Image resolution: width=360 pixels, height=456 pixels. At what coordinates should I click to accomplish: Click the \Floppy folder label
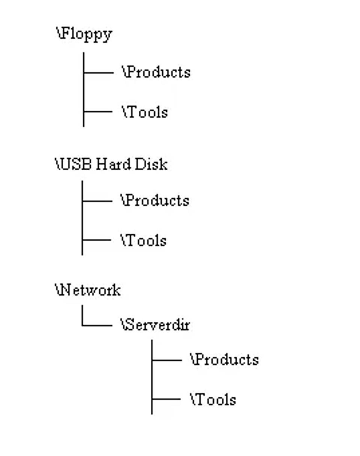click(x=84, y=34)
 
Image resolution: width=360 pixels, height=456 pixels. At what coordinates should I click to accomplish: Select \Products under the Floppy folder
click(x=156, y=72)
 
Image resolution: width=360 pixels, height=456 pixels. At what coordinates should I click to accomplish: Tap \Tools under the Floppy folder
click(x=145, y=112)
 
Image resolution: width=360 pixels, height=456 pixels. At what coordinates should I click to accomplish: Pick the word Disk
click(x=151, y=164)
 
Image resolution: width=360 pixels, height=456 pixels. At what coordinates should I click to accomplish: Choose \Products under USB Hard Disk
click(x=154, y=200)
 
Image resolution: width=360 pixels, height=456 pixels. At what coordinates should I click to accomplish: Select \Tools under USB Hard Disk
click(x=144, y=240)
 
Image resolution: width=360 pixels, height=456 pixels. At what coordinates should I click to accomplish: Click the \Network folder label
click(x=88, y=290)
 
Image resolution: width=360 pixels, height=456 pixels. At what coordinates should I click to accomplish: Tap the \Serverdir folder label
click(x=155, y=325)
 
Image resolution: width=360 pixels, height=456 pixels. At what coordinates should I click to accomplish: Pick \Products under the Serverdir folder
click(x=224, y=360)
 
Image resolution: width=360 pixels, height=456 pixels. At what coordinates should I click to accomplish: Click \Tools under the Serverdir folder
click(x=213, y=400)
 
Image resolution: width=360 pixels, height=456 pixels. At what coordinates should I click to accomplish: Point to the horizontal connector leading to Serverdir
click(x=97, y=325)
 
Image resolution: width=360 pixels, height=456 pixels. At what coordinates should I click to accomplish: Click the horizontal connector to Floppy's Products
click(x=99, y=73)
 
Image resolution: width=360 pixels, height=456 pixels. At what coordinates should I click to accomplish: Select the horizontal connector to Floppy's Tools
click(x=98, y=111)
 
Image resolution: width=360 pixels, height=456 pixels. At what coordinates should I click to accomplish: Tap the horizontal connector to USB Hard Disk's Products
click(x=97, y=201)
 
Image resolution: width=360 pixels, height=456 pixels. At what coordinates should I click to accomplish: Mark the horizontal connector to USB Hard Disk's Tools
click(x=97, y=240)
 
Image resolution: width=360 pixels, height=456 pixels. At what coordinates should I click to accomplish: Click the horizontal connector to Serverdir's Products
click(x=167, y=360)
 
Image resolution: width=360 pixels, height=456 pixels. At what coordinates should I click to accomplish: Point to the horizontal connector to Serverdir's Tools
click(x=166, y=399)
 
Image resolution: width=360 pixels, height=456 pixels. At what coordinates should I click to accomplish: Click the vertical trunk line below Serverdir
click(x=152, y=377)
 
